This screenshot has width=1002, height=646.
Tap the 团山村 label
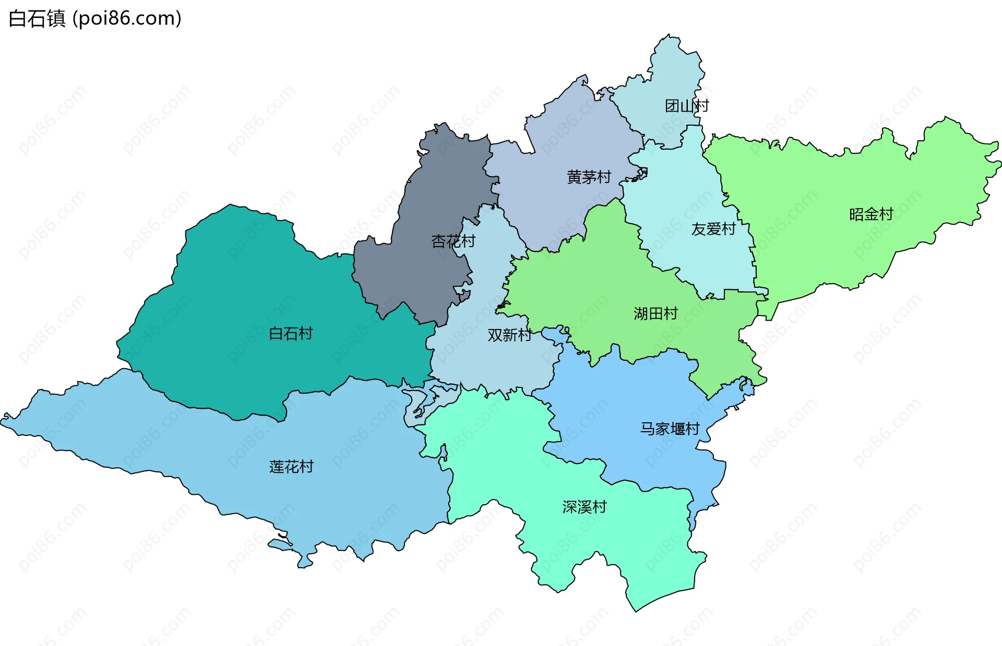pyautogui.click(x=687, y=106)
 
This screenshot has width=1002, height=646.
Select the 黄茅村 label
pyautogui.click(x=589, y=177)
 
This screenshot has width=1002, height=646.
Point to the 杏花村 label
pyautogui.click(x=453, y=241)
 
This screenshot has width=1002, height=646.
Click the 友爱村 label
pyautogui.click(x=713, y=229)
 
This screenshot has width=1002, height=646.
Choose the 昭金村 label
pyautogui.click(x=871, y=214)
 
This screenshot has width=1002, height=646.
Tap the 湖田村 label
pyautogui.click(x=655, y=313)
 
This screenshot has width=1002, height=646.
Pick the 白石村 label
pyautogui.click(x=291, y=334)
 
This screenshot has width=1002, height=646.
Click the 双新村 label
pyautogui.click(x=509, y=335)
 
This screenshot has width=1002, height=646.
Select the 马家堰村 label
pyautogui.click(x=670, y=429)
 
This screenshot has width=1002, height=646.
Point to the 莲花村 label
pyautogui.click(x=291, y=467)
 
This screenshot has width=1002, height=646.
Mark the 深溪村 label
pyautogui.click(x=584, y=507)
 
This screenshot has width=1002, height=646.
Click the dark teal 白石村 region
pyautogui.click(x=235, y=292)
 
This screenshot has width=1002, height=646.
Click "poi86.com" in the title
pyautogui.click(x=127, y=19)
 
